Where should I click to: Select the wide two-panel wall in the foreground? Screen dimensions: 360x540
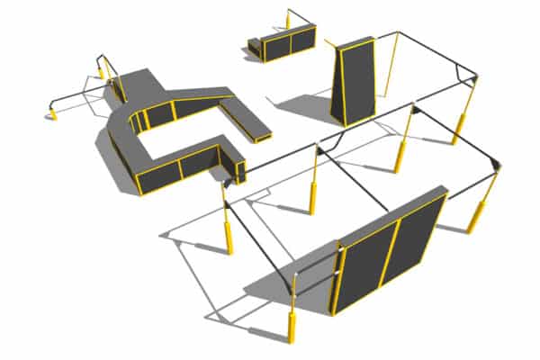389,252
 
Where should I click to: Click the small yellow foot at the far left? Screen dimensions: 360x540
51,113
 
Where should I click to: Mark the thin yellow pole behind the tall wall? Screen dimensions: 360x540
389,67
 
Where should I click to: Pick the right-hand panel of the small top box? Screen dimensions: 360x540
301,40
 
